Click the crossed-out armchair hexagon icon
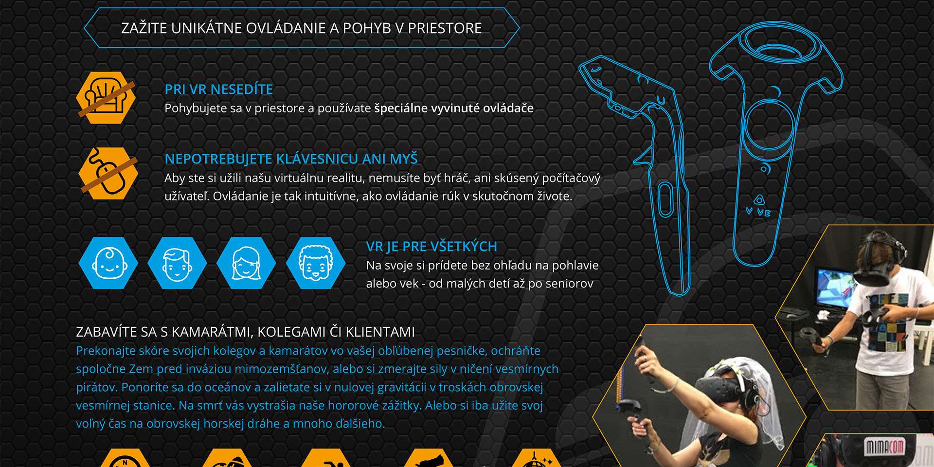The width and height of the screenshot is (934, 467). [x=106, y=97]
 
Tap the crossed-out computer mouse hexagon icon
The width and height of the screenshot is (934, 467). [x=108, y=173]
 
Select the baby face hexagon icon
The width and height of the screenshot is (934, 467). [x=108, y=263]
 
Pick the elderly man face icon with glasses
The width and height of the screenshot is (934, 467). [x=315, y=263]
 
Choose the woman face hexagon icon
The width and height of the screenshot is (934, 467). [x=246, y=263]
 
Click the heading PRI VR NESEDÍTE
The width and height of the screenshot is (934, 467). [x=219, y=90]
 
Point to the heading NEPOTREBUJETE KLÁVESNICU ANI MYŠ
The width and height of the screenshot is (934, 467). [x=291, y=159]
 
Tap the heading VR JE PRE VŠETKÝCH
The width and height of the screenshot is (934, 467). [x=431, y=247]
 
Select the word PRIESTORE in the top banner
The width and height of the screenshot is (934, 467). [x=445, y=28]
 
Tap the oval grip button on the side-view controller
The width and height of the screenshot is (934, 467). [x=665, y=199]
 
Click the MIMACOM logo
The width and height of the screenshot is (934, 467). [x=884, y=447]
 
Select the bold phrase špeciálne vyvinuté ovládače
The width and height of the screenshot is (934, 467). [x=454, y=108]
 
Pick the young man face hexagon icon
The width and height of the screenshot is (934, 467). [x=177, y=263]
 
